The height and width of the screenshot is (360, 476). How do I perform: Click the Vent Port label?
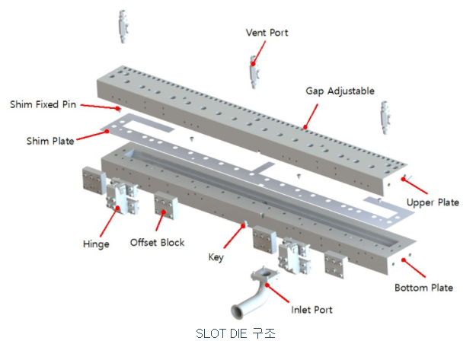tap(267, 33)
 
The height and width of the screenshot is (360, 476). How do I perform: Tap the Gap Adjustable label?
tap(340, 91)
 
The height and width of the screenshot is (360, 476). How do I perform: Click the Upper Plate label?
tap(433, 202)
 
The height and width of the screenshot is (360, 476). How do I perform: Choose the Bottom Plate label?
tap(423, 288)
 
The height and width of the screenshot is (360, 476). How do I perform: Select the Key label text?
tap(216, 257)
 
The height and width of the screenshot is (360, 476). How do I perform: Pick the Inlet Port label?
tap(311, 310)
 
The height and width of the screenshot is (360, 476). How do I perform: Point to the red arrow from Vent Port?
tap(259, 52)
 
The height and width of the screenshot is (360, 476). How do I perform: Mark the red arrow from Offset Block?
tap(161, 221)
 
